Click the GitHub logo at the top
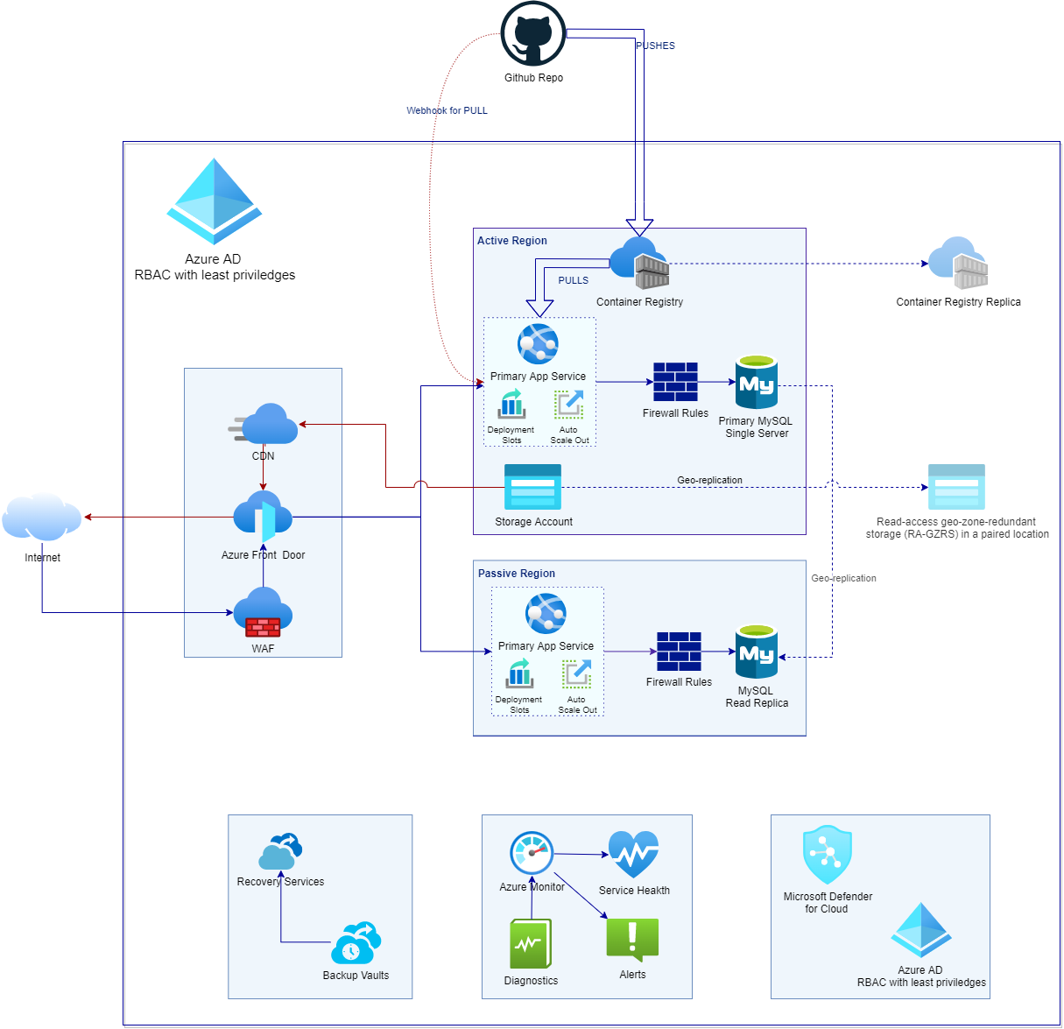pos(532,34)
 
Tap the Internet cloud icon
pos(42,517)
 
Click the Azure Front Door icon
pos(263,518)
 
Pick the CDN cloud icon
pos(264,425)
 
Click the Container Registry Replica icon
pos(958,263)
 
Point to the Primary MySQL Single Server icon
pos(757,382)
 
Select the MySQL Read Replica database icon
pos(757,652)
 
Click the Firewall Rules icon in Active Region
pos(675,382)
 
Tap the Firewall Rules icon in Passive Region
pos(679,652)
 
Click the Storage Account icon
pos(532,487)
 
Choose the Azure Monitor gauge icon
pos(532,853)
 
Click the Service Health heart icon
pos(633,855)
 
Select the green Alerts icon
pos(632,941)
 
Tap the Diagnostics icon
pos(531,944)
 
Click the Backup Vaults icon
pos(356,943)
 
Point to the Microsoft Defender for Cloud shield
pos(828,855)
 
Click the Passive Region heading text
pos(517,574)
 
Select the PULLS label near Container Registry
pos(574,280)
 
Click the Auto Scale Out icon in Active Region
pos(569,405)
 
